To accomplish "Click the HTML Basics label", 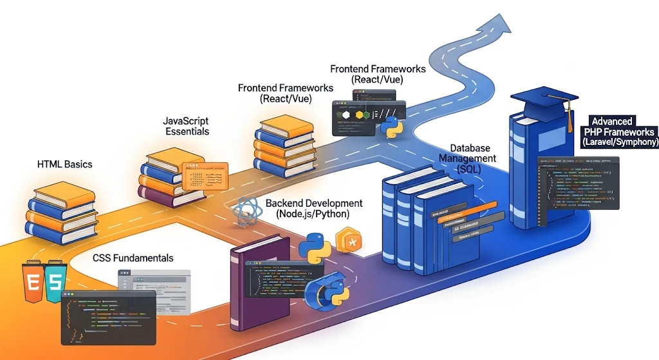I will tap(64, 164).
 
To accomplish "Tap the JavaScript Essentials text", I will tap(186, 126).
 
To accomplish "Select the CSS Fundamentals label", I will tap(133, 258).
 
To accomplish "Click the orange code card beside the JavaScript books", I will tap(205, 176).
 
